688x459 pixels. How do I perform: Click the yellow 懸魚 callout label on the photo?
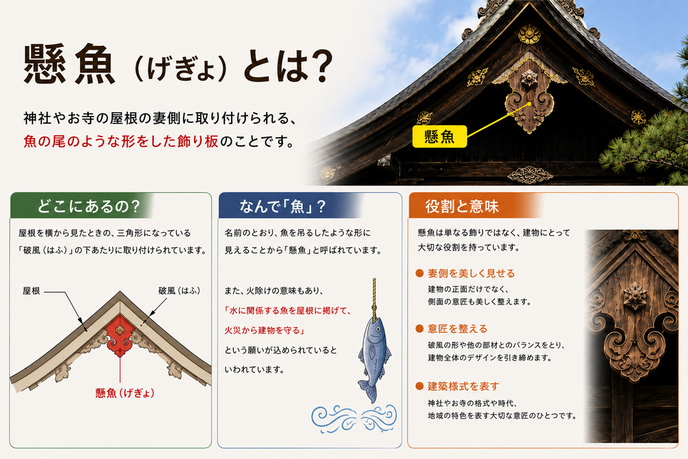[439, 136]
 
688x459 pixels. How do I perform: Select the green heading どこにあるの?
[88, 206]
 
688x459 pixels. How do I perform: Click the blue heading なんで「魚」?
[283, 206]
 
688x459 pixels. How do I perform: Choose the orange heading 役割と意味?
[462, 206]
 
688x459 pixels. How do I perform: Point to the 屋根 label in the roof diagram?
[31, 290]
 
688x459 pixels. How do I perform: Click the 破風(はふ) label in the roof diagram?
[179, 290]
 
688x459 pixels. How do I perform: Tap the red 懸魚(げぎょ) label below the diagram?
[125, 392]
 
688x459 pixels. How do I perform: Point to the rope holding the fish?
[374, 298]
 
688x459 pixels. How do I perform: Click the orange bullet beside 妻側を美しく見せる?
[419, 274]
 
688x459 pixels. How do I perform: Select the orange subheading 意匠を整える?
[457, 329]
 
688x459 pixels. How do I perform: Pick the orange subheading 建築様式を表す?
[464, 386]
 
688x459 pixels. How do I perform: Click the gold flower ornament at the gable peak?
[529, 34]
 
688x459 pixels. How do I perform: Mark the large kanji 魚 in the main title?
[95, 65]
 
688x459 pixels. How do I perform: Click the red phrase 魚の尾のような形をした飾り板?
[121, 141]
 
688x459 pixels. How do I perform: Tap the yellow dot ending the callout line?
[529, 104]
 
